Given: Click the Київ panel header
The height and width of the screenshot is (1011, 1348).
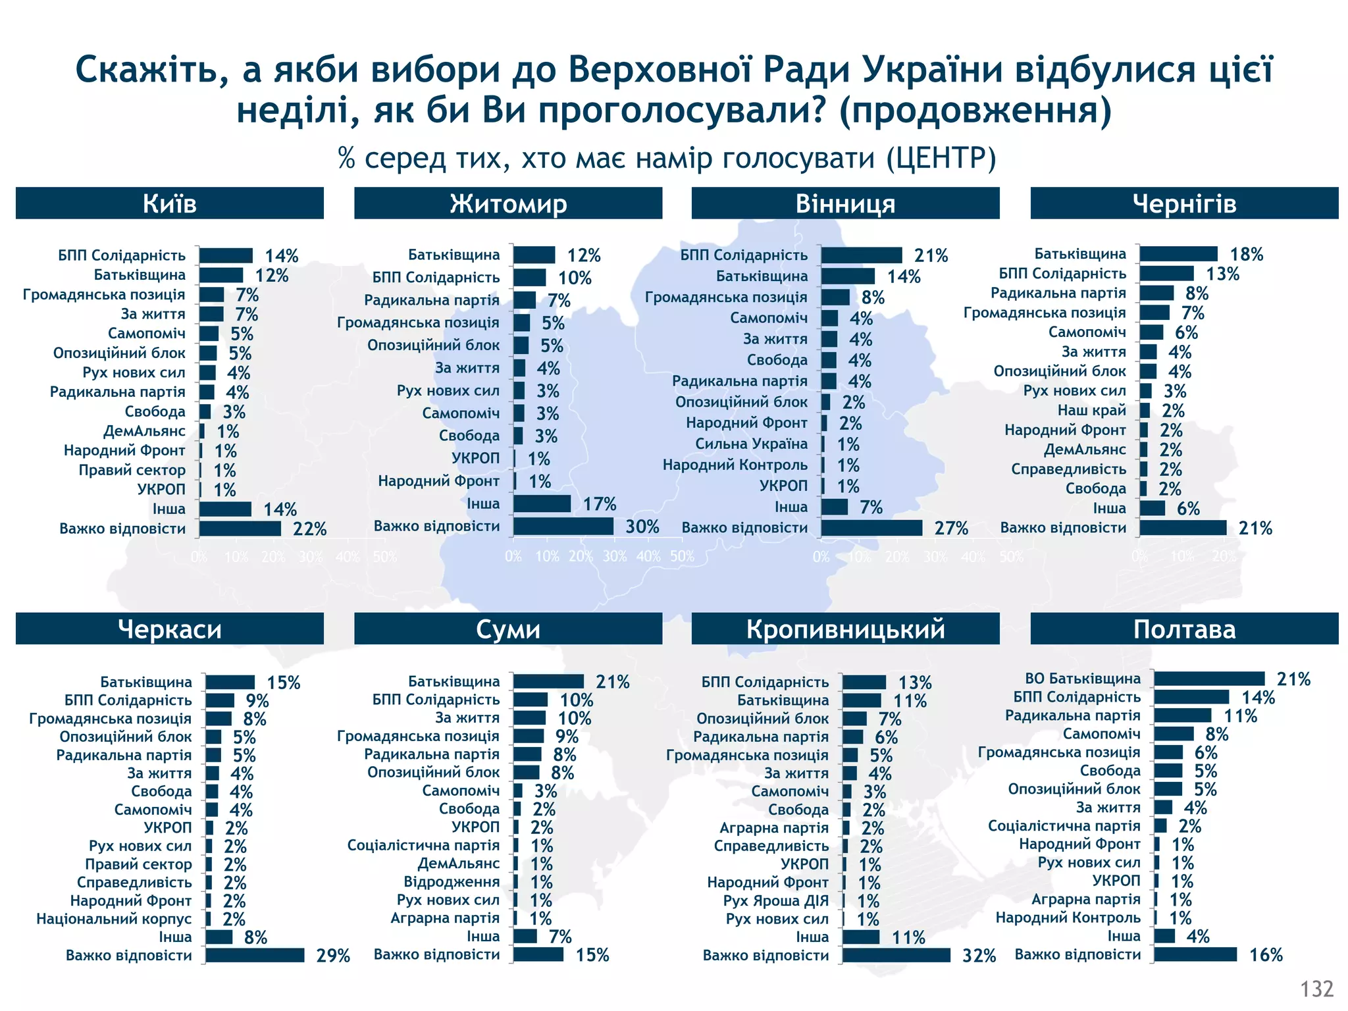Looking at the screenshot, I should (x=169, y=203).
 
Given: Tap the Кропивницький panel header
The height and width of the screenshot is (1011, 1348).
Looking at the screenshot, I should (x=845, y=629).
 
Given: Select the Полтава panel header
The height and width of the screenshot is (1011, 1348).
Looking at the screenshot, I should (x=1183, y=629).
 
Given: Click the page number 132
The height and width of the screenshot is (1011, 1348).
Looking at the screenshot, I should (x=1316, y=989).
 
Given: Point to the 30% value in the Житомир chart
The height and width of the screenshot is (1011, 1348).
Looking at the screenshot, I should (x=642, y=527).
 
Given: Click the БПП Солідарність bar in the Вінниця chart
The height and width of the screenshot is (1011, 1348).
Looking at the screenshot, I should (x=861, y=255).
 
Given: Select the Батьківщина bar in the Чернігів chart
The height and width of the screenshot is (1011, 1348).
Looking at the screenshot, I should (x=1178, y=254).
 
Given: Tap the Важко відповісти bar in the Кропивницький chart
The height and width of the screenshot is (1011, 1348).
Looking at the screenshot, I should (x=896, y=955).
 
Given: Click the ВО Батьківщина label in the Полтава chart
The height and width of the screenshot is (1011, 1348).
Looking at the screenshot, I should (x=1082, y=679).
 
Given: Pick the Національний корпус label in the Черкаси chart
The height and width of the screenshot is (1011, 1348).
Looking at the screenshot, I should (x=114, y=919).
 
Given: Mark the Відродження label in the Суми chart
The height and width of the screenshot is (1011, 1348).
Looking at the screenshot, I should (x=452, y=882).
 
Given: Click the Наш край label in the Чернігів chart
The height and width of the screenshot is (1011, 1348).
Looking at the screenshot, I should (x=1091, y=411).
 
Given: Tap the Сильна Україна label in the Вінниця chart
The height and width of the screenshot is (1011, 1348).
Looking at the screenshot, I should (x=751, y=444).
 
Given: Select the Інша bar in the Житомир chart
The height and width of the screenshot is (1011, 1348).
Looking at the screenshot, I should (x=542, y=504).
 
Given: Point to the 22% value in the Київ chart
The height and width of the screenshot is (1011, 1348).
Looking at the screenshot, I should (x=309, y=529).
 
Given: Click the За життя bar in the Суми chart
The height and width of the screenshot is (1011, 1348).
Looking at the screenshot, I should (x=529, y=718).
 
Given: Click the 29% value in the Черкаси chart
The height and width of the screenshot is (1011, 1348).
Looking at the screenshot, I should (x=333, y=956).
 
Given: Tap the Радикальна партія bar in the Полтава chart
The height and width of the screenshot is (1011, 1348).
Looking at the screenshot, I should (x=1182, y=715).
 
